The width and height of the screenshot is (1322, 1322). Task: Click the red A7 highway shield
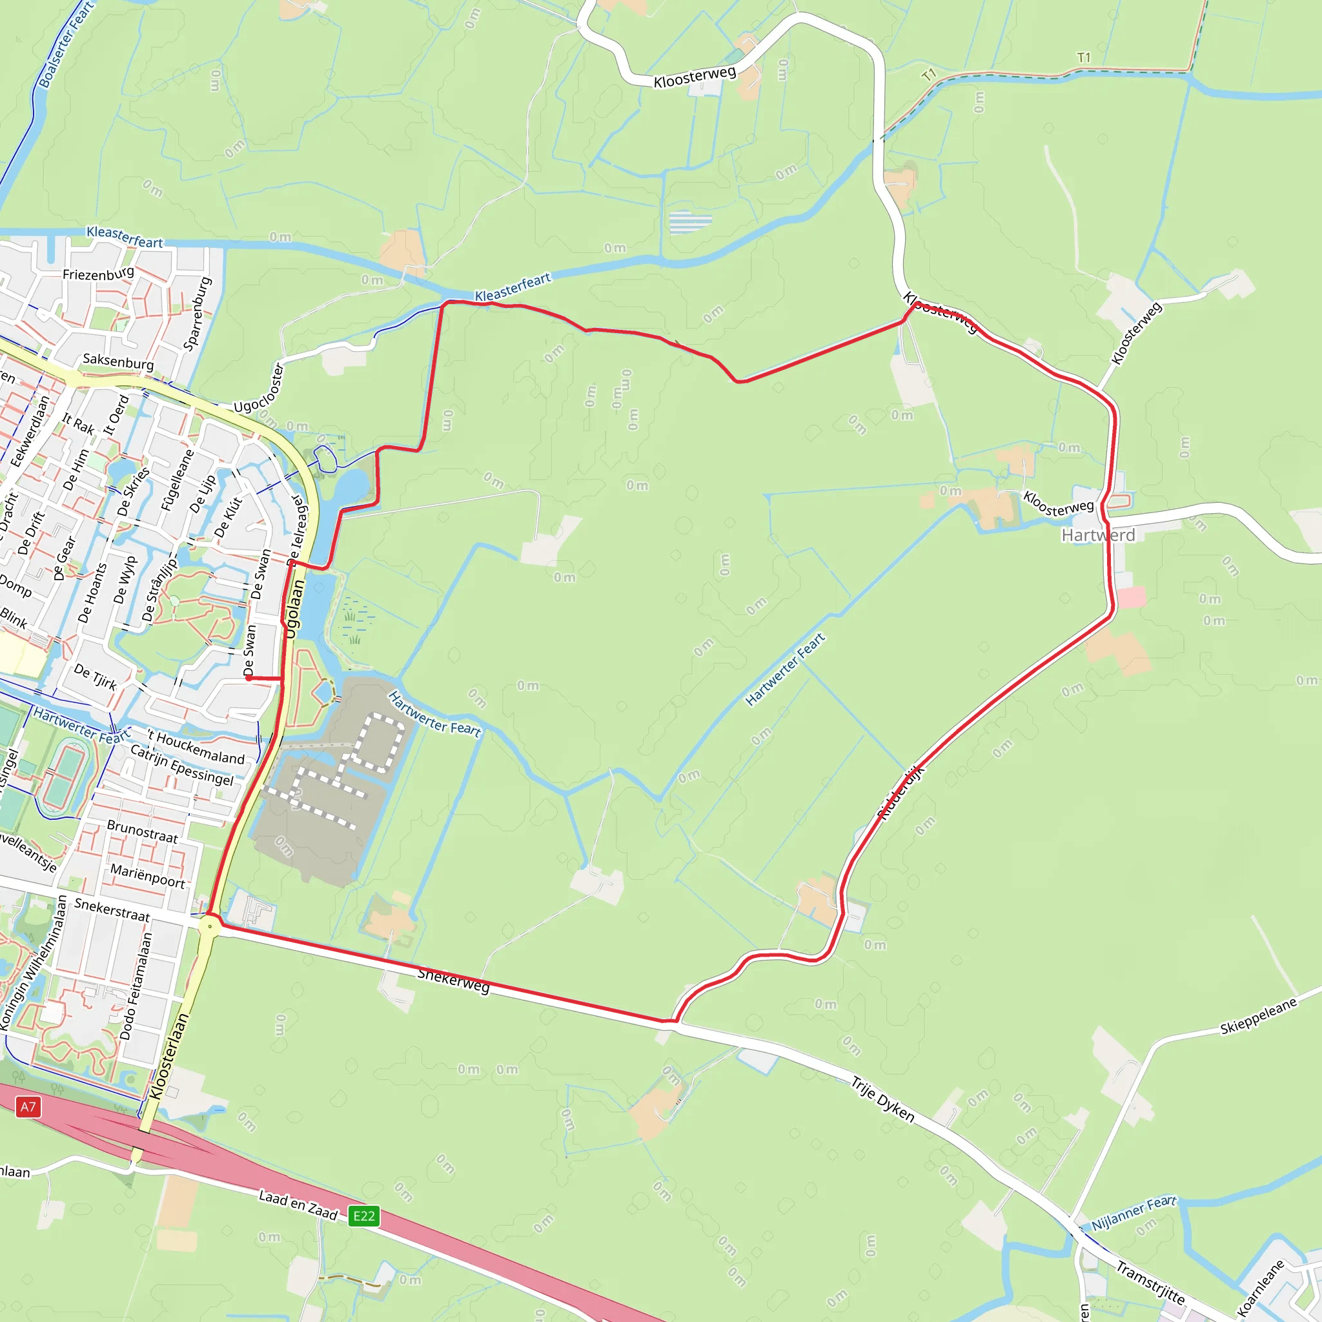coord(27,1106)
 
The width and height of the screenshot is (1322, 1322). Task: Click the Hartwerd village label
coord(1097,535)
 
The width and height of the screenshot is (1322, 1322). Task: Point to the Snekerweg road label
coord(454,981)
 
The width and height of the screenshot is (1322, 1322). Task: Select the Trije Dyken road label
coord(882,1099)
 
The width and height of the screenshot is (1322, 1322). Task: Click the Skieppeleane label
coord(1258,1017)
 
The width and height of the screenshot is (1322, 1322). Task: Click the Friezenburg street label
coord(99,274)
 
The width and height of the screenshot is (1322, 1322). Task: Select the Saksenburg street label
coord(118,361)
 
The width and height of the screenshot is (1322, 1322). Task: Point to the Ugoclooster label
coord(259,389)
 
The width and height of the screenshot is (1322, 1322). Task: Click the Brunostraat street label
coord(142,831)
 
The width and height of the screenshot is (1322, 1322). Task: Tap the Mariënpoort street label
coord(148,875)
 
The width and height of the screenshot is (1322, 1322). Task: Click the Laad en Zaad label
coord(298,1205)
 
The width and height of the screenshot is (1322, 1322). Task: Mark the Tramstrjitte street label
coord(1150,1283)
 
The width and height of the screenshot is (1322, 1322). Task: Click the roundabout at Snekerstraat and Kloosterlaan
coord(209,927)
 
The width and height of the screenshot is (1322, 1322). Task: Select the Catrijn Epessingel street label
coord(182,766)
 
